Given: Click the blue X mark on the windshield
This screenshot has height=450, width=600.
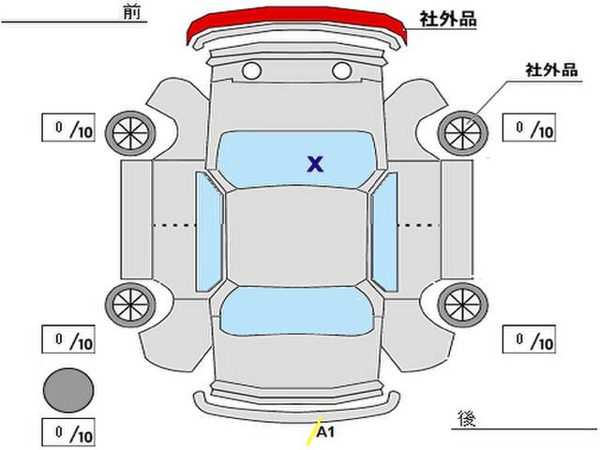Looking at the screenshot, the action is (x=315, y=164).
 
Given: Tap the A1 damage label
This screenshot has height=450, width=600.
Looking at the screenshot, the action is (x=326, y=432).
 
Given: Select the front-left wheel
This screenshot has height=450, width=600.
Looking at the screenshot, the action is (x=130, y=133).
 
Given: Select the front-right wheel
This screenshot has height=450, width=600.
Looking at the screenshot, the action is (x=462, y=133).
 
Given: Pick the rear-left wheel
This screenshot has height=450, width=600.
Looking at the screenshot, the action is (x=130, y=305).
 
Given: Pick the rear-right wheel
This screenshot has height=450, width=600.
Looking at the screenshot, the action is (x=462, y=305).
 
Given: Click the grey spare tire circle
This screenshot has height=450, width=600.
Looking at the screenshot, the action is (x=68, y=390).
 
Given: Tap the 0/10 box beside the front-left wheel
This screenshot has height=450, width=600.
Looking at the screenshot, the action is (x=68, y=127).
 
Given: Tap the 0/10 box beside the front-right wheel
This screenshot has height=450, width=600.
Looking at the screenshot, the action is (x=529, y=127).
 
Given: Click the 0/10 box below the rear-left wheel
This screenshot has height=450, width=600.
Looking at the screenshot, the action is (x=68, y=339).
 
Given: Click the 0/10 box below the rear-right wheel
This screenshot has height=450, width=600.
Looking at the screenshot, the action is (x=529, y=339).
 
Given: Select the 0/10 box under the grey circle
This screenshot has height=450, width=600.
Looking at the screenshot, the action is (x=68, y=432).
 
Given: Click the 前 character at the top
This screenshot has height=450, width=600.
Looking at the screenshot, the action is (x=132, y=11).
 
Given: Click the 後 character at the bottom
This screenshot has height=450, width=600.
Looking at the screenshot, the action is (x=467, y=419).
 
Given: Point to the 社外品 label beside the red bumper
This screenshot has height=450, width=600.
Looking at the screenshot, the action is (x=448, y=19).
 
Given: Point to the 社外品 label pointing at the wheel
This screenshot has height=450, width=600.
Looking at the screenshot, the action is (x=551, y=70).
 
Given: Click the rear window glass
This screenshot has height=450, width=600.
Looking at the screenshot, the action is (x=296, y=311).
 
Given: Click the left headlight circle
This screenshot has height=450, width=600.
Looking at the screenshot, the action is (x=252, y=71).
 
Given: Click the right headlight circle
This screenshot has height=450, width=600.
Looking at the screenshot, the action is (x=341, y=71).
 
